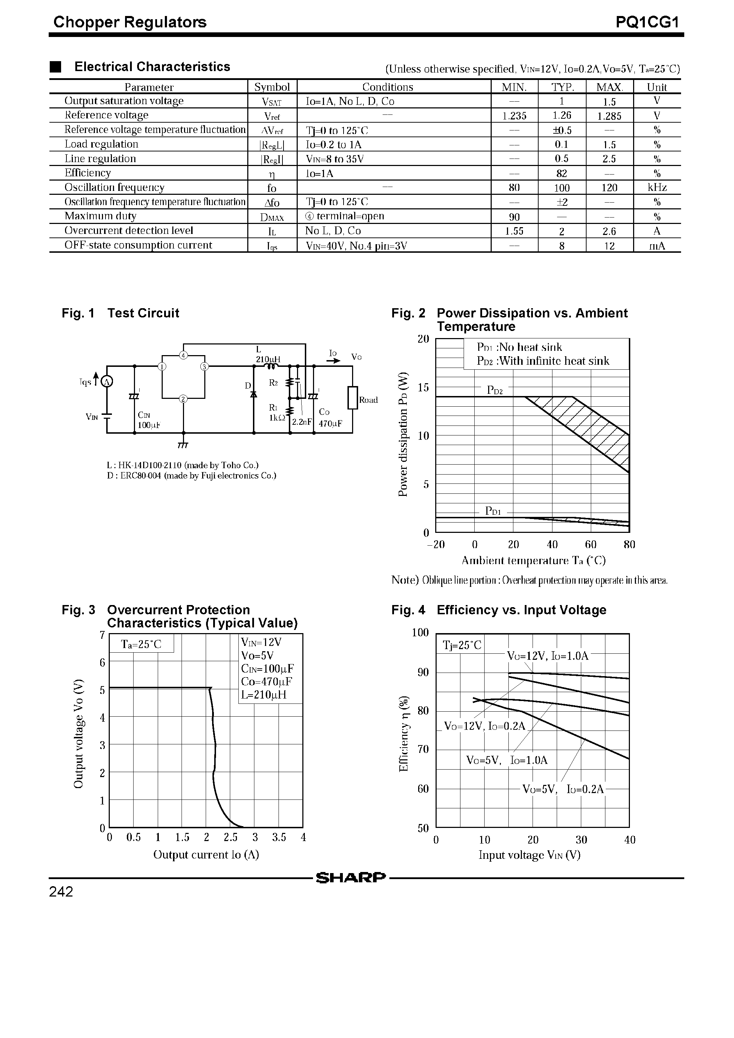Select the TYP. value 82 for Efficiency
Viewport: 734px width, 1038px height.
click(x=561, y=173)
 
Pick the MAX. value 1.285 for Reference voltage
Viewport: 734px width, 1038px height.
click(x=609, y=116)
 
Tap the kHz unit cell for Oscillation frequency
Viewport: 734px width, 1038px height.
click(x=656, y=188)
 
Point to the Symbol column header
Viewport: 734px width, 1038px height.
click(x=272, y=87)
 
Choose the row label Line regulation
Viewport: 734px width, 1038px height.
click(x=100, y=159)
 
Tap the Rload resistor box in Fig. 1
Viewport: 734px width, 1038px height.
click(x=352, y=398)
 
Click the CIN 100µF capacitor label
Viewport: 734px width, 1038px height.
click(x=146, y=420)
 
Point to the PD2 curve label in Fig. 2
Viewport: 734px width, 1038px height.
click(x=495, y=390)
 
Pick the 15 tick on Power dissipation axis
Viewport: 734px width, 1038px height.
click(x=423, y=387)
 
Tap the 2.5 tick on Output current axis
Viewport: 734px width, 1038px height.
click(x=231, y=837)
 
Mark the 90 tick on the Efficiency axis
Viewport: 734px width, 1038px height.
click(x=423, y=672)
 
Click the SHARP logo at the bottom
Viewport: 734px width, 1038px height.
click(x=351, y=878)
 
